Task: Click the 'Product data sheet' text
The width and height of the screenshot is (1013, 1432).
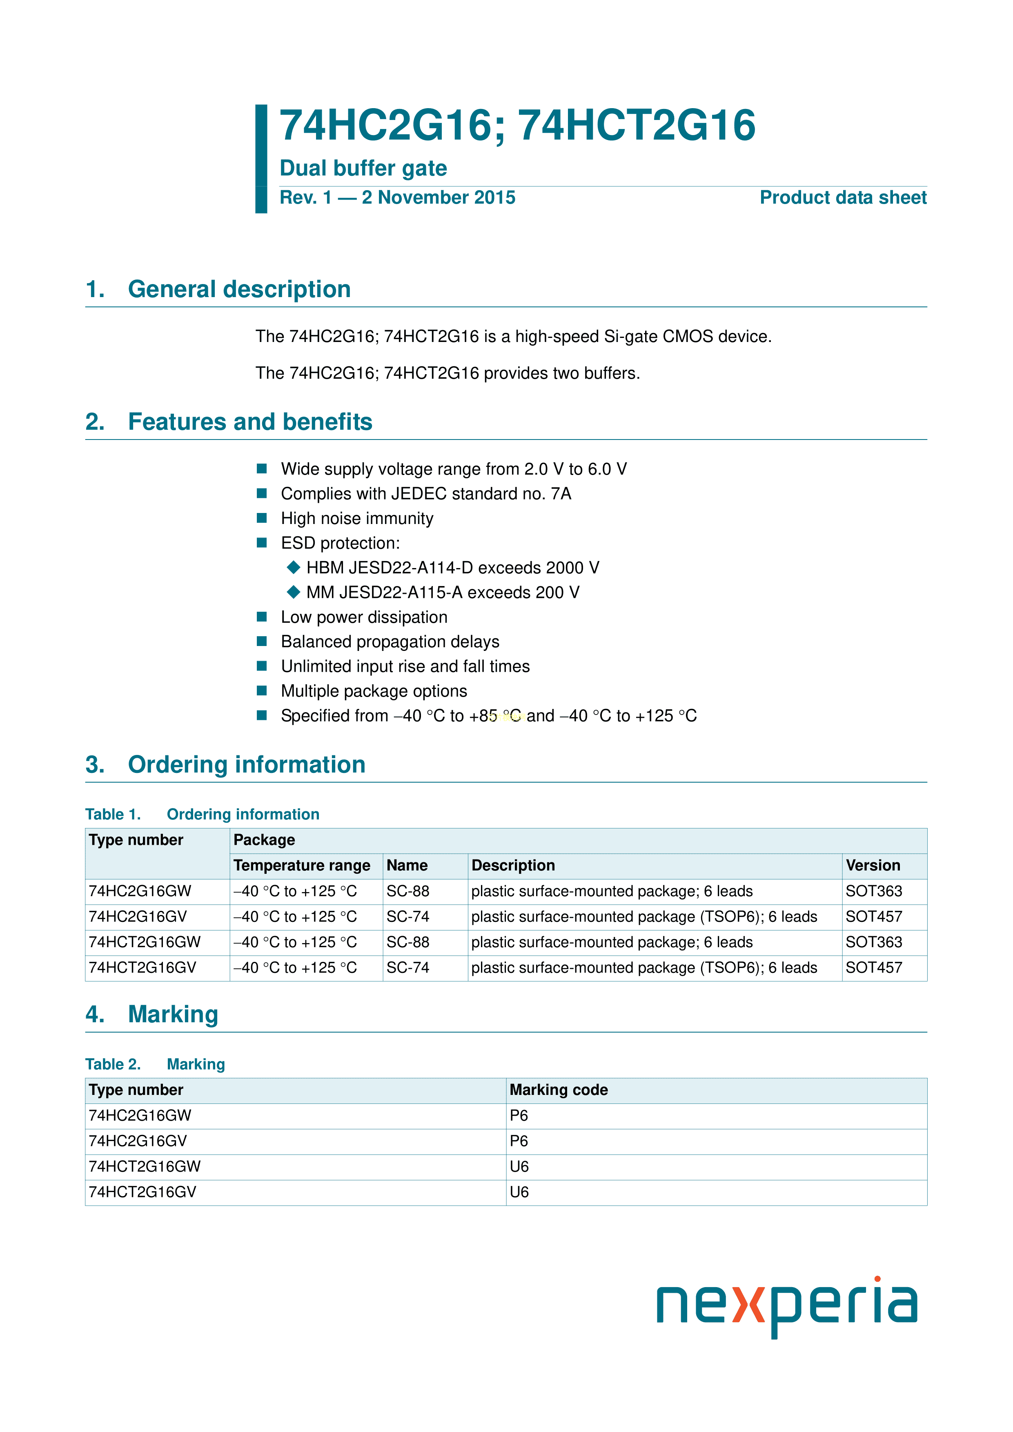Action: (x=843, y=198)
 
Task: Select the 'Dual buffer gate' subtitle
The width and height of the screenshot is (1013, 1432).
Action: (x=363, y=169)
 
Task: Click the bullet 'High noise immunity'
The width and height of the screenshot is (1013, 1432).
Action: (x=357, y=518)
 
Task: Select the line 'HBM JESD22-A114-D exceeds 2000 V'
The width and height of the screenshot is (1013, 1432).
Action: (x=452, y=568)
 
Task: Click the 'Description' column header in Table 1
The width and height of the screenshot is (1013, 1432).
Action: (x=513, y=866)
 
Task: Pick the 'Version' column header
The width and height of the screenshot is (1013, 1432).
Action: (x=873, y=866)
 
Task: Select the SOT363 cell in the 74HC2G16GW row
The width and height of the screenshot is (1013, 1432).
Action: (x=874, y=891)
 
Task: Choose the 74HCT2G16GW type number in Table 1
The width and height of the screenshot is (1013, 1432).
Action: (x=145, y=942)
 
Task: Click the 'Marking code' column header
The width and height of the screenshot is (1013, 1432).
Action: (x=559, y=1090)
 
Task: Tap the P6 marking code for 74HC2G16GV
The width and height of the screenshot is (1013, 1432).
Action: (x=519, y=1141)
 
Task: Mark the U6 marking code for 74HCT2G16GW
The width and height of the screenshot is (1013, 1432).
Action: (x=519, y=1167)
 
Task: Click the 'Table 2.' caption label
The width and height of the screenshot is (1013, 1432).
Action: (x=113, y=1065)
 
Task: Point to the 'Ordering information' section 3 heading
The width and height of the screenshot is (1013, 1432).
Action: (x=247, y=765)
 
